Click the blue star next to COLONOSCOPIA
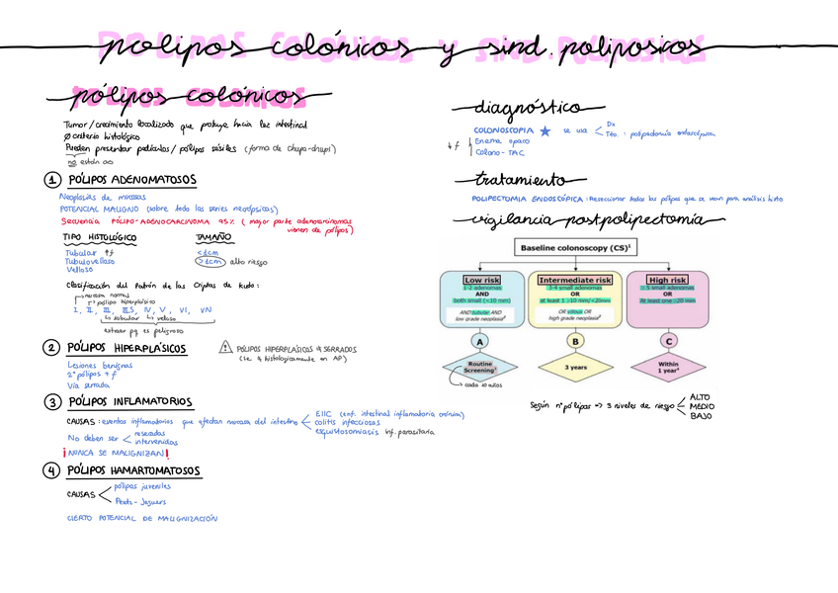click(545, 130)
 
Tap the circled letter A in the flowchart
click(479, 341)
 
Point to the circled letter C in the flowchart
click(668, 341)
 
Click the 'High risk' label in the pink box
click(668, 280)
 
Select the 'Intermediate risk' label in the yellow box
click(574, 280)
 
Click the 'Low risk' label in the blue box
click(479, 280)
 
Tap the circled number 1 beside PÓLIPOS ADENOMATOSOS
click(50, 181)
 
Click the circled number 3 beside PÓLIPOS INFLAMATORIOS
click(50, 402)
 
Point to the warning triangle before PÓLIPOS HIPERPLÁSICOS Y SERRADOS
click(225, 348)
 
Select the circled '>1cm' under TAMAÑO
click(209, 263)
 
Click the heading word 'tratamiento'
click(522, 180)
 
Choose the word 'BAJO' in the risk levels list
click(699, 416)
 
